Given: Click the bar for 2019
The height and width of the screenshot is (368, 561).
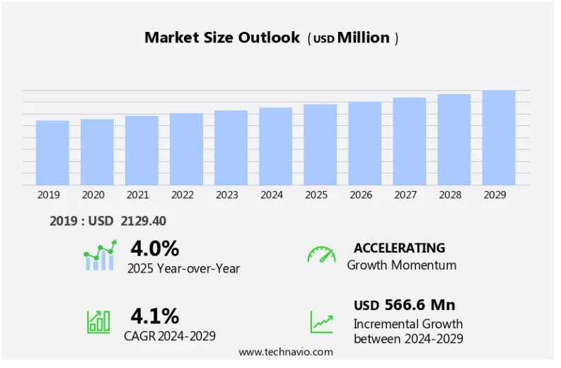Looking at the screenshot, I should point(52,153).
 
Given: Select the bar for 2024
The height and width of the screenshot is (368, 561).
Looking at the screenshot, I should point(275,146).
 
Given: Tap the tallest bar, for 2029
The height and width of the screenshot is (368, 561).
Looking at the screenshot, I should point(499,138).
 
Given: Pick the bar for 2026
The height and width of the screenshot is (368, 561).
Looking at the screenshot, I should point(364,144).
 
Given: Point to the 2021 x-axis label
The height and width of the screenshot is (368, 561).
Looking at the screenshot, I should point(138,195).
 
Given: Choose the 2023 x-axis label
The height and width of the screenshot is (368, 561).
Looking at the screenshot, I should point(227,195).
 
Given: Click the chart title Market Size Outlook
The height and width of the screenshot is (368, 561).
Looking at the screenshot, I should point(222,38).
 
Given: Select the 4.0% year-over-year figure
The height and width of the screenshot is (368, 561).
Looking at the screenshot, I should point(154,248).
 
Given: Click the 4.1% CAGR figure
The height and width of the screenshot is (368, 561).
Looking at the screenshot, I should point(154,316).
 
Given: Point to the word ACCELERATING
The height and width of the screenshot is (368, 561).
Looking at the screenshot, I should point(399,248).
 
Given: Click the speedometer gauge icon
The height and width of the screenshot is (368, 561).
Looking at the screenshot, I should point(321,255).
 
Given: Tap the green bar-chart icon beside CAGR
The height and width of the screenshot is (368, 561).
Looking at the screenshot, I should point(98,322).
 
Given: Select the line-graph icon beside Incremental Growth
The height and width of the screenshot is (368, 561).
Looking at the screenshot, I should point(322,322).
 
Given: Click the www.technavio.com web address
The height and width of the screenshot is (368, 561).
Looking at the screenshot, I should point(286,352).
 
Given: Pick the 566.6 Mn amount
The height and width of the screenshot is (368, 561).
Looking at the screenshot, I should point(420,305).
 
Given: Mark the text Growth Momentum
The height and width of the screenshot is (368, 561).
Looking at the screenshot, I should point(401,265).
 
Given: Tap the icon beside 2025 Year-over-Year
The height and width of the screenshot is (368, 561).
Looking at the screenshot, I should point(99,256).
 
